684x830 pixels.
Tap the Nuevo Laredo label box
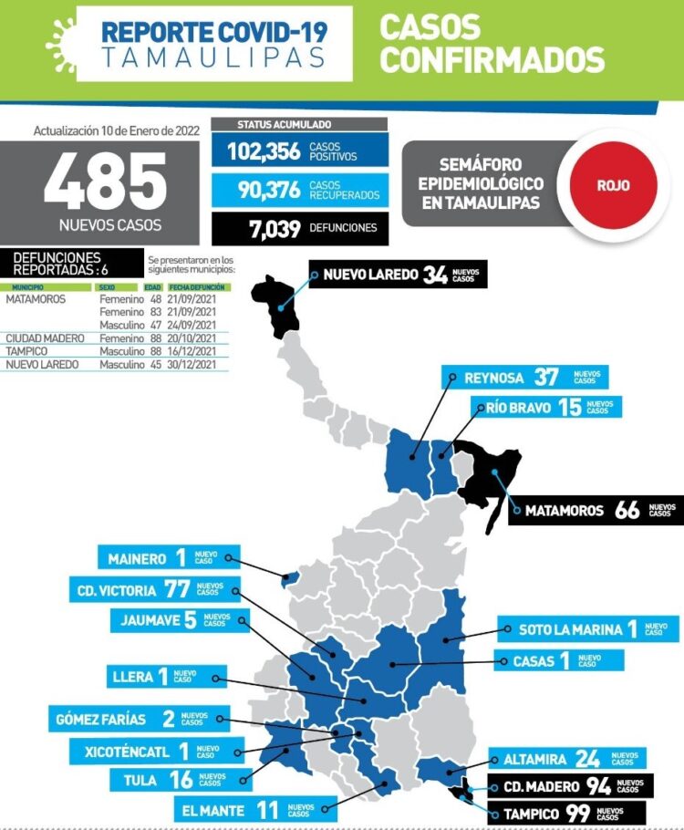coord(398,275)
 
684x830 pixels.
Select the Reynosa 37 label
coord(523,378)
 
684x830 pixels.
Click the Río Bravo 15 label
coord(546,408)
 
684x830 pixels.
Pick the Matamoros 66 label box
coord(596,510)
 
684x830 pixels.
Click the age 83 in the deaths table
coord(155,311)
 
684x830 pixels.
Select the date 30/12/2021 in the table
coord(192,365)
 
